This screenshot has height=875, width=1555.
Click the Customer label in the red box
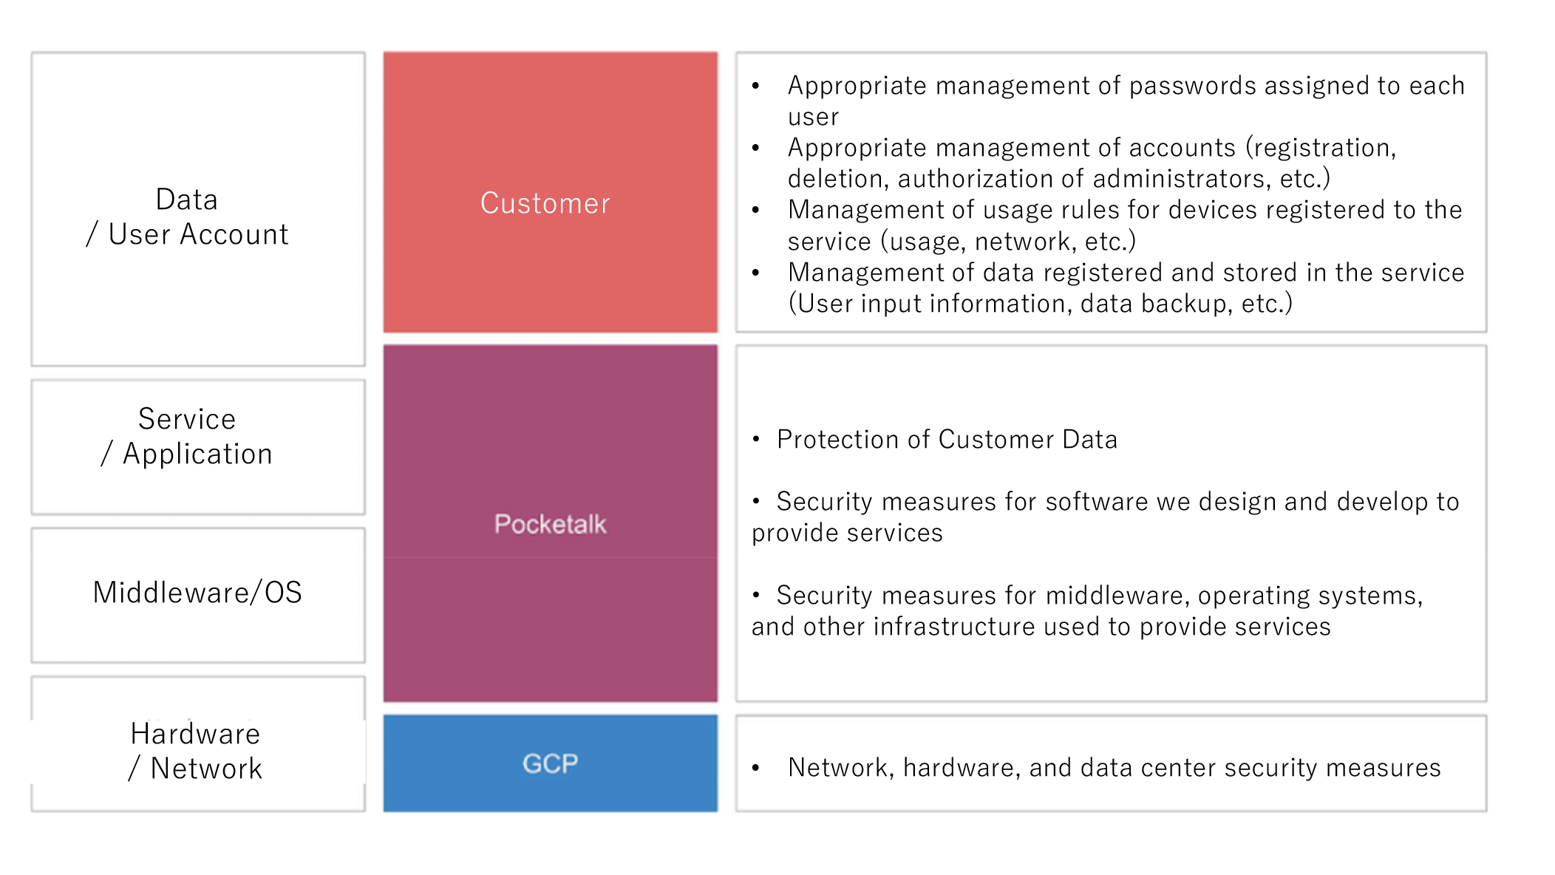(545, 203)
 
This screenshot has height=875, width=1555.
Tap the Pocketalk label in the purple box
(550, 524)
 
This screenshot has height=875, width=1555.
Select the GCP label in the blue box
(550, 763)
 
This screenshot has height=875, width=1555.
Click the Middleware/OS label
(197, 593)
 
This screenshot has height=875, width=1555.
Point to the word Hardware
(195, 734)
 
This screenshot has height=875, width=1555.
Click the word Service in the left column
(187, 419)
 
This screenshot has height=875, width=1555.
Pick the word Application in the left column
(197, 454)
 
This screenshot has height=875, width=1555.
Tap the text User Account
(198, 234)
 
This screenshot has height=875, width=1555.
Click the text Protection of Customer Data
(947, 440)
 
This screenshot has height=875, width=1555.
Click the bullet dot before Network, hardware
(755, 768)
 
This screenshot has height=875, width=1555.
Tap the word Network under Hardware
(206, 769)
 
